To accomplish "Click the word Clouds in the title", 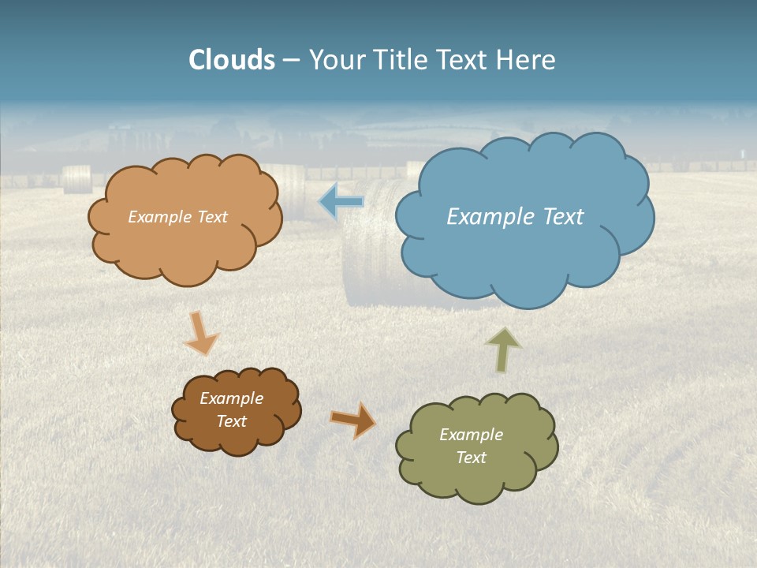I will pos(232,60).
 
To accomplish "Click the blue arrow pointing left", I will pos(341,202).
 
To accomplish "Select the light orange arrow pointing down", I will pos(200,334).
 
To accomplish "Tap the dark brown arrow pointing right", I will pos(353,420).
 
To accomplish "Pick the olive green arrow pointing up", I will pos(503,349).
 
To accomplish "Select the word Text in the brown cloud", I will pos(232,421).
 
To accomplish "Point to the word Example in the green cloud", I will pos(471,435).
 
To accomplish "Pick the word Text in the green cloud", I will pos(471,458).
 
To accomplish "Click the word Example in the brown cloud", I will pos(232,398).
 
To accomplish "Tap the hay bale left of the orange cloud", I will pos(77,179).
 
